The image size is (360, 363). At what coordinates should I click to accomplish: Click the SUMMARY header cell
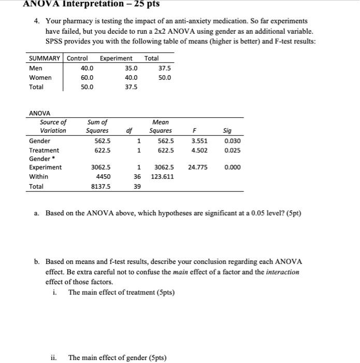coord(45,59)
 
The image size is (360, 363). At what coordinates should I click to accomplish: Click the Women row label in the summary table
coord(40,78)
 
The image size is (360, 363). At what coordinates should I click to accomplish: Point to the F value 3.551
coord(200,141)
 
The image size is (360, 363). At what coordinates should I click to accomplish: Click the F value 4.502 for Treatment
coord(200,150)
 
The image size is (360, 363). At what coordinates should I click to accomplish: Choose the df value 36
coord(137,177)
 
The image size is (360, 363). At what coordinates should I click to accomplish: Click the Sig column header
coord(227,131)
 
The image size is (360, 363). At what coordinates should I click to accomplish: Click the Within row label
coord(39,177)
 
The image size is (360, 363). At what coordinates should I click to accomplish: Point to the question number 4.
coord(38,21)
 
